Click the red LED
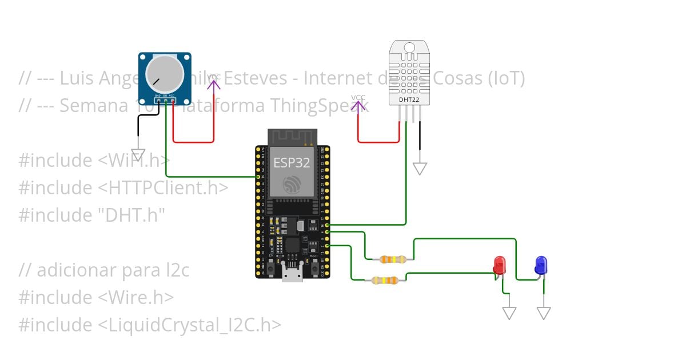pyautogui.click(x=499, y=265)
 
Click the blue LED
pyautogui.click(x=541, y=265)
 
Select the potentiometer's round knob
pyautogui.click(x=165, y=75)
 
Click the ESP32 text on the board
pyautogui.click(x=292, y=162)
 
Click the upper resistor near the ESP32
pyautogui.click(x=392, y=259)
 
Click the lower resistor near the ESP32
pyautogui.click(x=385, y=280)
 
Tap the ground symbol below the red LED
pyautogui.click(x=509, y=313)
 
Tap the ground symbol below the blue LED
pyautogui.click(x=544, y=313)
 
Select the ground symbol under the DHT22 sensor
pyautogui.click(x=420, y=168)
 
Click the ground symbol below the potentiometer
pyautogui.click(x=138, y=155)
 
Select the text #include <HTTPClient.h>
pyautogui.click(x=123, y=187)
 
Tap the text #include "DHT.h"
pyautogui.click(x=91, y=215)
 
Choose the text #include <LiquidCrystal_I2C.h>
pyautogui.click(x=150, y=325)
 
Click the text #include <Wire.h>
pyautogui.click(x=96, y=297)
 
